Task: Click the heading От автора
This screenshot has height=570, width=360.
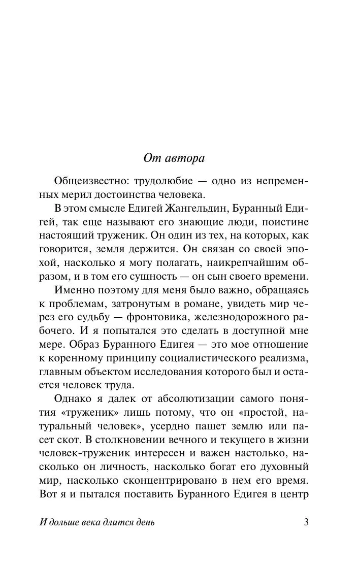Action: click(x=174, y=158)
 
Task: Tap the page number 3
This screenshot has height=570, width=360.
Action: click(x=306, y=523)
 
